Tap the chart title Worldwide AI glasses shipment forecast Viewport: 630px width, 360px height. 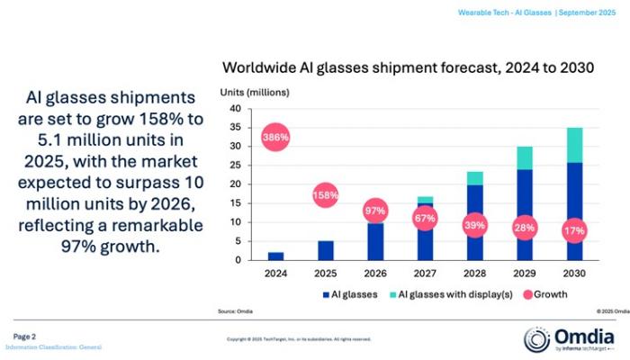pos(407,68)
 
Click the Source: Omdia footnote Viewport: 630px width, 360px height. pos(235,310)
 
